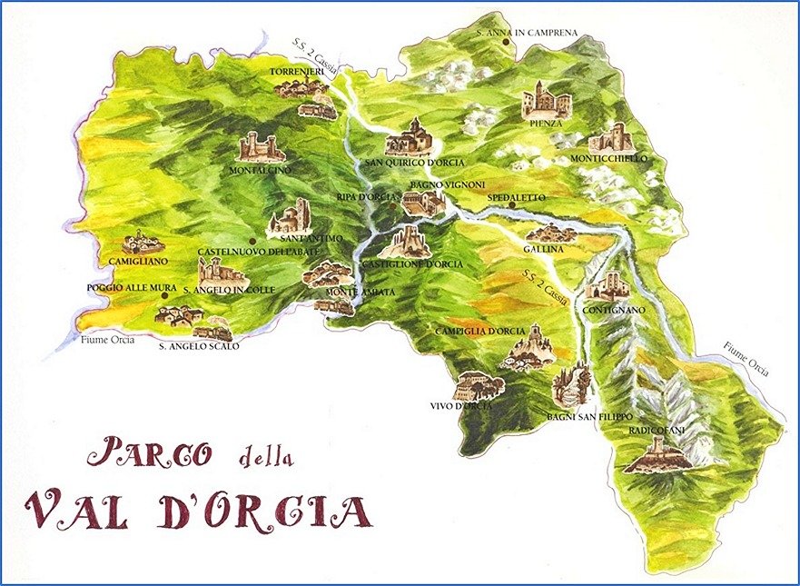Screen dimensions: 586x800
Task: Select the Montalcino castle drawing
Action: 259,146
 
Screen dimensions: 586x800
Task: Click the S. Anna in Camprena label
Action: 527,34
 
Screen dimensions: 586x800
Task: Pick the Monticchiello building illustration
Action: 611,139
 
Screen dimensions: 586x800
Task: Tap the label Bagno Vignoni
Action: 438,184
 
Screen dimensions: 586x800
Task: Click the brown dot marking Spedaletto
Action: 512,205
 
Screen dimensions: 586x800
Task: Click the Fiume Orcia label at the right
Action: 747,359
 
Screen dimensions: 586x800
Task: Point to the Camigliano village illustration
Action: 143,243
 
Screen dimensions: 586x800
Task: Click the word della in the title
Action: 265,456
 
